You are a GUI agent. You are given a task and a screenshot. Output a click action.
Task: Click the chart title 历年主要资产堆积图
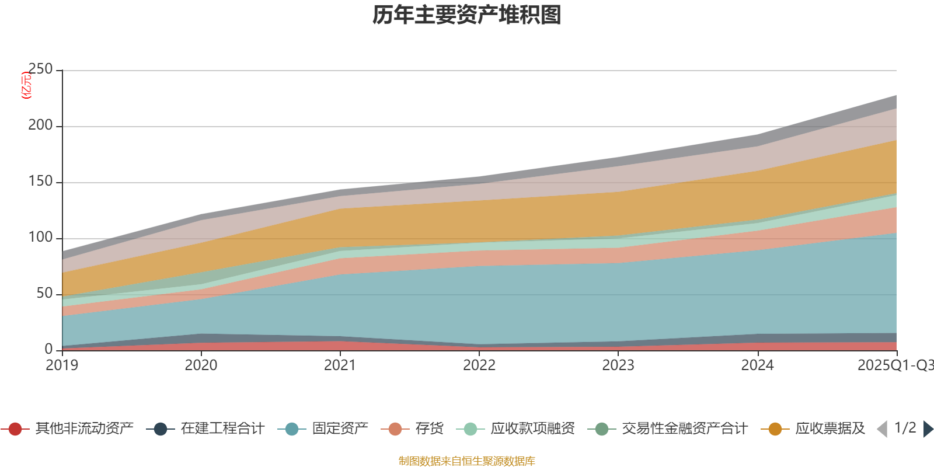click(467, 15)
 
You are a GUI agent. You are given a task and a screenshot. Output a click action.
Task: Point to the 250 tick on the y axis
click(40, 69)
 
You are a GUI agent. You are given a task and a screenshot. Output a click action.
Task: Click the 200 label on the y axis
click(40, 126)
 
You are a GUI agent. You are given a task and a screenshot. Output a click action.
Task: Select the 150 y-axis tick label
click(40, 182)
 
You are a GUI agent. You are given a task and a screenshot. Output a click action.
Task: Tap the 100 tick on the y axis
click(40, 238)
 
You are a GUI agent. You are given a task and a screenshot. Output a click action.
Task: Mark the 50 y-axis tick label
click(44, 294)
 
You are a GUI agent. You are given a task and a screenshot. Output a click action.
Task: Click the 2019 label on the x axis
click(62, 365)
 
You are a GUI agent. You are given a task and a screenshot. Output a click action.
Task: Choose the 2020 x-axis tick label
click(201, 365)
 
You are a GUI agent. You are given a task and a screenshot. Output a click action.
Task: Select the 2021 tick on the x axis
click(340, 365)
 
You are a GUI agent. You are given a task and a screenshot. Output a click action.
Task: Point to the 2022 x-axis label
click(479, 365)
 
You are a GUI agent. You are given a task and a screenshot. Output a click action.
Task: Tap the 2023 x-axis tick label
click(618, 365)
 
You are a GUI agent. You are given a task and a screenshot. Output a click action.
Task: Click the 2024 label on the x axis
click(757, 365)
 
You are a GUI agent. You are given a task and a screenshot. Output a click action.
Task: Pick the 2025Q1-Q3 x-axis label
click(895, 365)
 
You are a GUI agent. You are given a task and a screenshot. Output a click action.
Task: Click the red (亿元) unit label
click(26, 85)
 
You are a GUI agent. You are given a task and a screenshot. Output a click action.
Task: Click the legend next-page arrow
click(928, 429)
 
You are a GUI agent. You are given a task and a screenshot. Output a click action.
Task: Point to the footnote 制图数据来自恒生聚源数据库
click(467, 461)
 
